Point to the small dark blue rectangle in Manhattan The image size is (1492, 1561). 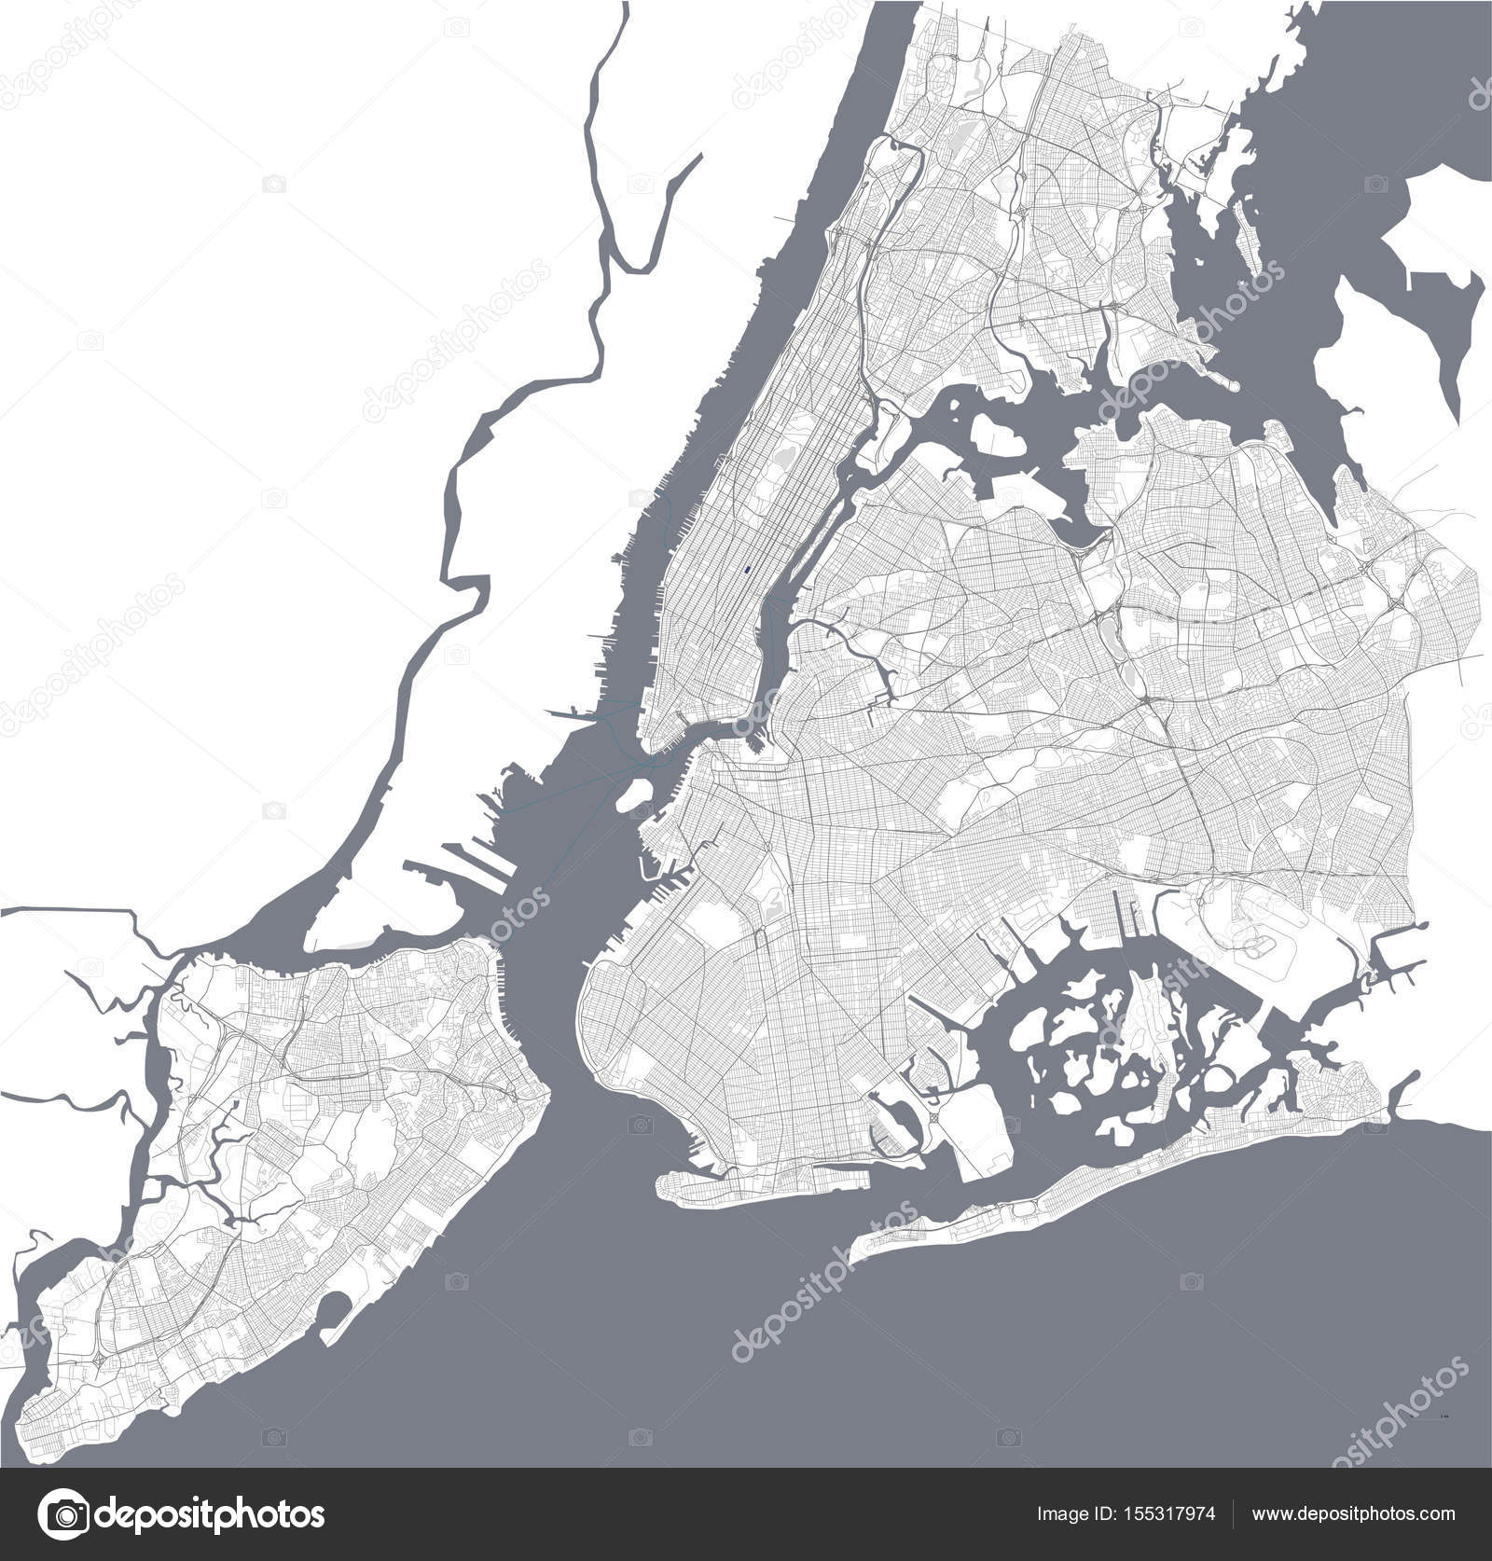(x=747, y=566)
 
